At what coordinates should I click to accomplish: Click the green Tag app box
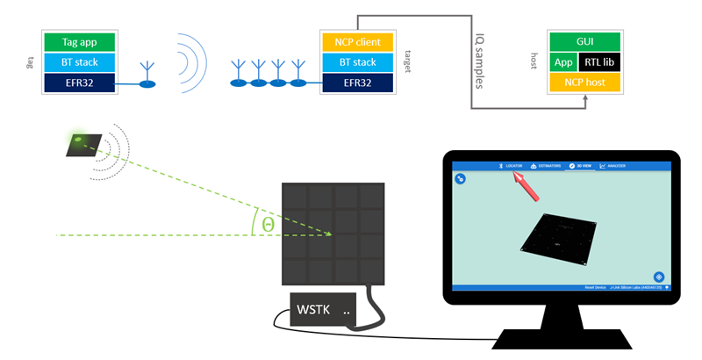coord(83,41)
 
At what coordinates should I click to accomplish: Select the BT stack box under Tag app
coord(83,62)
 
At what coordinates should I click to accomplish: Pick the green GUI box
coord(585,41)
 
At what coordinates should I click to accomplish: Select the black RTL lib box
coord(599,62)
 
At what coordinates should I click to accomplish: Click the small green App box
coord(562,62)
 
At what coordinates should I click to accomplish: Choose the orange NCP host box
coord(585,83)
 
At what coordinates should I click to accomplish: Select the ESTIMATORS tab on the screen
coord(545,165)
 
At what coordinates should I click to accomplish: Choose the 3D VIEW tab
coord(580,165)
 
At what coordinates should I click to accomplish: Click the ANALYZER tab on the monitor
coord(613,165)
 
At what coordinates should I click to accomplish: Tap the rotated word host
coord(534,61)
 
